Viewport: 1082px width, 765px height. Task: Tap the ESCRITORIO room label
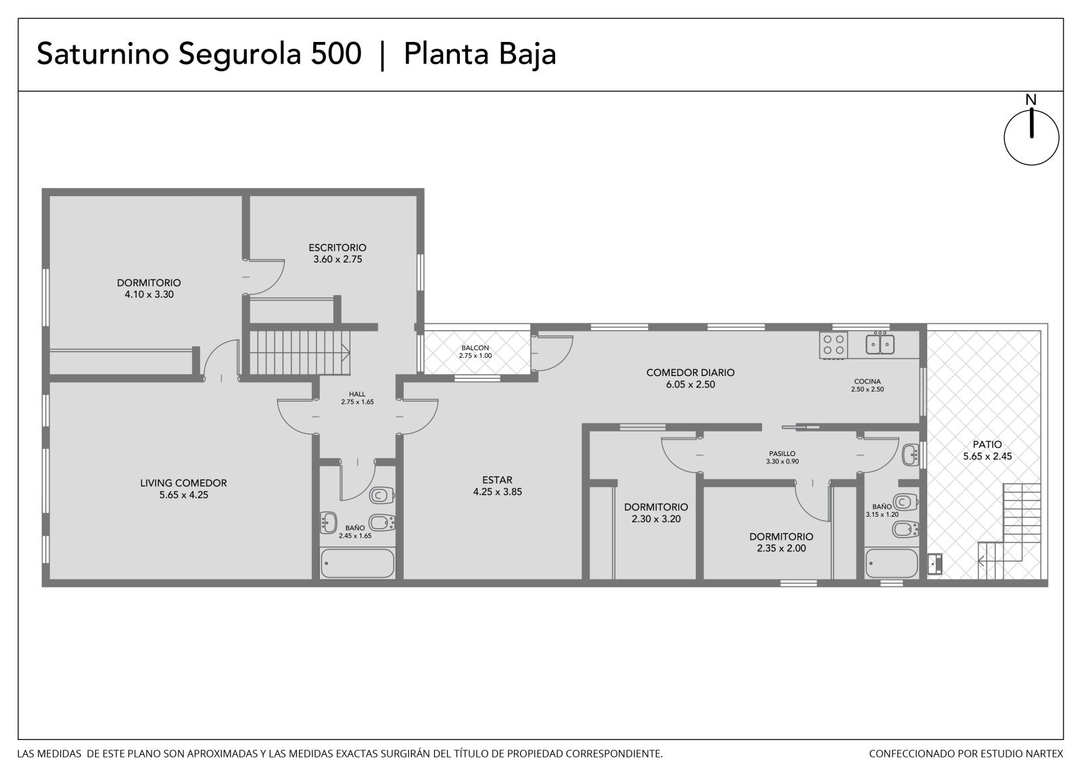[337, 248]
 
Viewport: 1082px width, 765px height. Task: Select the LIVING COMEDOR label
[183, 483]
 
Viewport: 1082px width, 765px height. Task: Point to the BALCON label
[475, 348]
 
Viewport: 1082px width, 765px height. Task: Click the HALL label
[357, 394]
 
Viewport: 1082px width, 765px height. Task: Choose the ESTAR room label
[497, 480]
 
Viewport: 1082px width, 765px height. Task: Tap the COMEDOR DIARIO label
[690, 373]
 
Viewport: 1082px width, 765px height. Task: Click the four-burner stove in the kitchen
[833, 345]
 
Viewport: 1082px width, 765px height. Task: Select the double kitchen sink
[880, 344]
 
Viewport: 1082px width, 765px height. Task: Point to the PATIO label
[987, 444]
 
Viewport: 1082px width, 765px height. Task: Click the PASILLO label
[782, 454]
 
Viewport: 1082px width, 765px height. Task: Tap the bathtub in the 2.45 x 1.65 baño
[357, 563]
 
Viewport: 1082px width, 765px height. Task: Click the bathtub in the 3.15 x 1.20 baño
[891, 563]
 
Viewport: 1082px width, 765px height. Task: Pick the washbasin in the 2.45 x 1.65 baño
[329, 523]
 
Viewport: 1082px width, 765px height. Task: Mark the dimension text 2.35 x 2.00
[781, 549]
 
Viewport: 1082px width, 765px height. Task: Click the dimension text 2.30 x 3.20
[656, 519]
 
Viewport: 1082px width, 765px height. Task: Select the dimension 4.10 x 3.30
[149, 294]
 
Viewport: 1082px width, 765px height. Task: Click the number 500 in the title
[336, 53]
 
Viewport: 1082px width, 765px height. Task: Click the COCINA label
[867, 381]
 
